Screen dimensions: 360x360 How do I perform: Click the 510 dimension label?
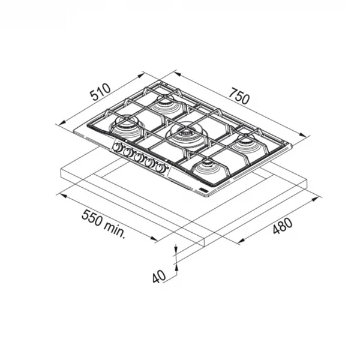(x=100, y=92)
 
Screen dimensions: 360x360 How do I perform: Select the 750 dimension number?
(x=239, y=96)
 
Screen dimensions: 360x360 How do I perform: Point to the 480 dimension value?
(x=283, y=226)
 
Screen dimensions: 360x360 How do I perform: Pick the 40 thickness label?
(x=159, y=277)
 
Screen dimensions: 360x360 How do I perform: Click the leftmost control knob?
(x=118, y=148)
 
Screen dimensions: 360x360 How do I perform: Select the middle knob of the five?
(x=139, y=158)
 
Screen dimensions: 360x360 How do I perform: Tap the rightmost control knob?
(x=160, y=168)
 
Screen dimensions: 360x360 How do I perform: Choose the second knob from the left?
(x=128, y=152)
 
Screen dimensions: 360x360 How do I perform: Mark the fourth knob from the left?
(x=149, y=163)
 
